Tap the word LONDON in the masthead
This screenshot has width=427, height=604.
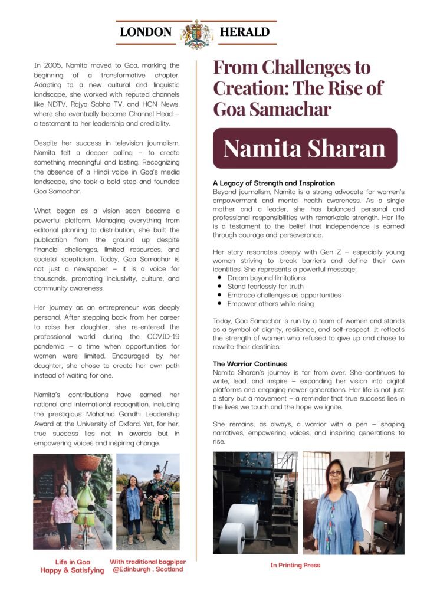click(x=146, y=32)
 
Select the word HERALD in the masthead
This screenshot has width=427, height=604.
click(x=244, y=32)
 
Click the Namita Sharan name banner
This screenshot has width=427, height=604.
click(x=304, y=148)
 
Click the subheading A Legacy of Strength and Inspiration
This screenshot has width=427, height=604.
click(x=274, y=183)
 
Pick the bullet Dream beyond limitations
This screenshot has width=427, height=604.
click(x=266, y=278)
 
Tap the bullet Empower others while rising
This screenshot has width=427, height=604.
click(x=270, y=304)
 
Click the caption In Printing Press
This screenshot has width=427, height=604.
click(x=295, y=565)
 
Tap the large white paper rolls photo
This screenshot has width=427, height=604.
click(x=255, y=503)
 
